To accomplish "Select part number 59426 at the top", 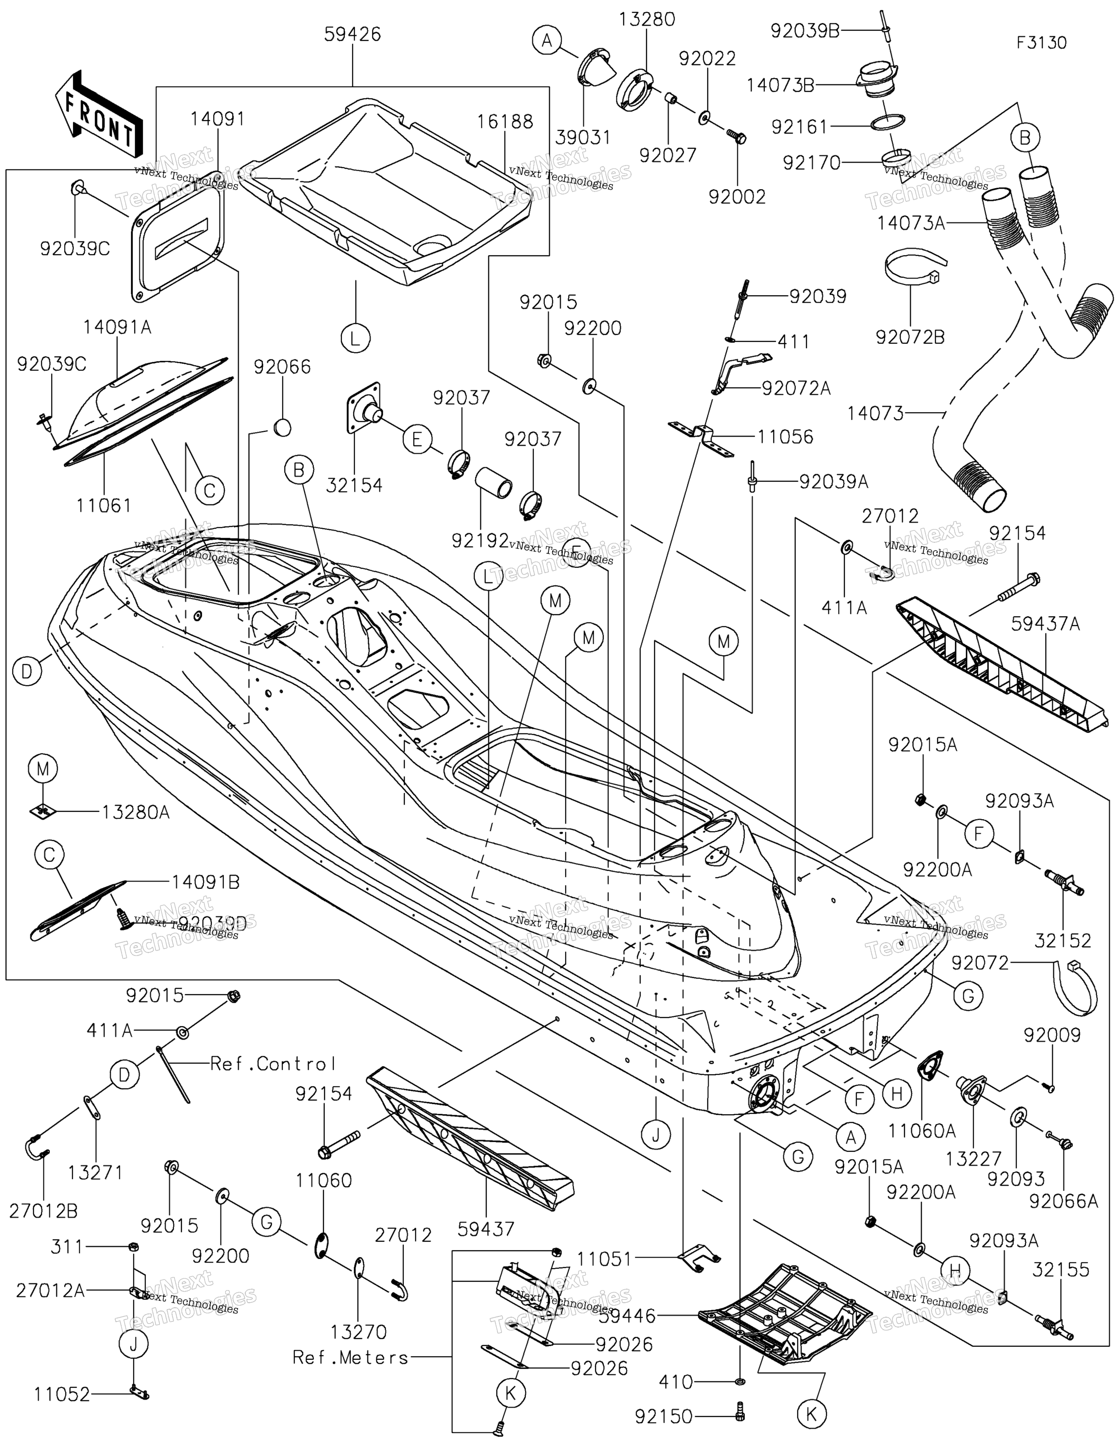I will [352, 34].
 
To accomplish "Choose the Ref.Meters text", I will [351, 1357].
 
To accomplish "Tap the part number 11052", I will [62, 1394].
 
